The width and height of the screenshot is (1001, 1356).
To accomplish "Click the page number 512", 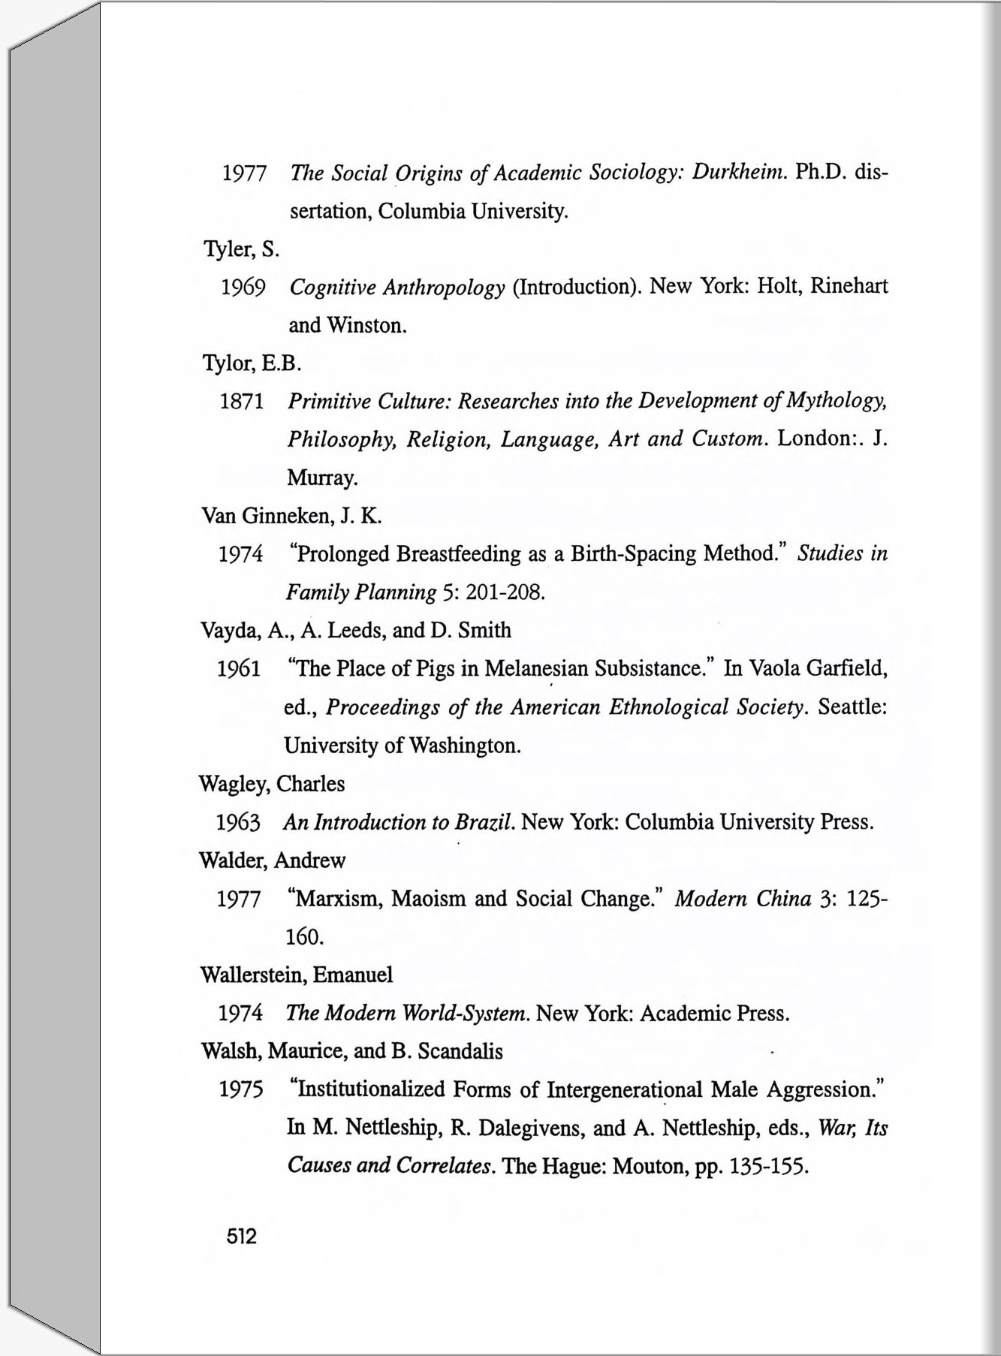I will [242, 1236].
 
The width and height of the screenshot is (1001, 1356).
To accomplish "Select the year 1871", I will [242, 402].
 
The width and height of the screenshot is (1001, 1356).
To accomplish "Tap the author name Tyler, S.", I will [241, 249].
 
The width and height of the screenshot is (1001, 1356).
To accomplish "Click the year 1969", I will [243, 288].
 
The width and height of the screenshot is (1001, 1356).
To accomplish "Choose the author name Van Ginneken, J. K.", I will [292, 516].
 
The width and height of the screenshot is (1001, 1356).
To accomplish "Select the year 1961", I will [239, 668].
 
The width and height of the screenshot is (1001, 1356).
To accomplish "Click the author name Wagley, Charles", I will [272, 784].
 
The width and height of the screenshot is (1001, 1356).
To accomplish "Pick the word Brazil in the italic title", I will [484, 822].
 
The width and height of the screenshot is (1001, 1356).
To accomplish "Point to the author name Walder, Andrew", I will [272, 860].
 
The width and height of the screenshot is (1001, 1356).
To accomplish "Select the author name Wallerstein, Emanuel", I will [297, 975].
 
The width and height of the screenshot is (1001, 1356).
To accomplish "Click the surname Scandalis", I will [460, 1051].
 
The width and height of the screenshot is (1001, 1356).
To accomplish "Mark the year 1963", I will [238, 823].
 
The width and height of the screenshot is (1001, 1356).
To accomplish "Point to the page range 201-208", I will [505, 593].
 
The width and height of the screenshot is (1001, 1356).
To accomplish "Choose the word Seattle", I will [852, 707].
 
